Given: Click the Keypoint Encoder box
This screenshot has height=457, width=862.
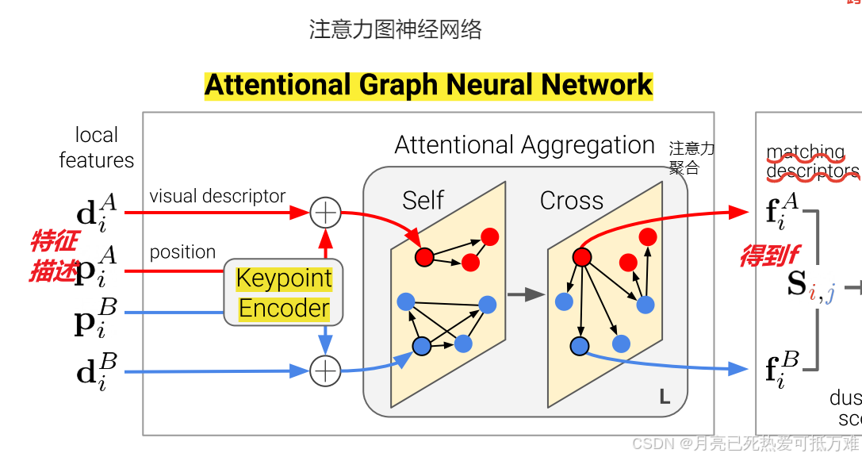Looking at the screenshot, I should [284, 293].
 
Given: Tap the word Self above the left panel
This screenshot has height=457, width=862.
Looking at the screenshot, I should [423, 201].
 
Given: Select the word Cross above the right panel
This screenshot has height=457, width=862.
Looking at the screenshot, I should [571, 201].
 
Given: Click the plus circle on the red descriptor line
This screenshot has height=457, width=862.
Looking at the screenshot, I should [324, 213].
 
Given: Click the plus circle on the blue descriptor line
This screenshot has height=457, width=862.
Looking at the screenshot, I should [324, 371].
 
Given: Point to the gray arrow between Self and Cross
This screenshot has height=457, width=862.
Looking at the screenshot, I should [527, 295].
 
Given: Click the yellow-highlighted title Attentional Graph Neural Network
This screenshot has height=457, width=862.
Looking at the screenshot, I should [428, 85].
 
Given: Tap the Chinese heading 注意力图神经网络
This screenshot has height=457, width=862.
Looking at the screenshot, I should [395, 30].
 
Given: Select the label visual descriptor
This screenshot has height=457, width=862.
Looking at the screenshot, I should [217, 196].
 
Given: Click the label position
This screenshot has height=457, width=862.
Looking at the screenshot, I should [182, 252].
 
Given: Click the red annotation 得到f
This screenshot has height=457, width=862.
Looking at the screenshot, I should [768, 255].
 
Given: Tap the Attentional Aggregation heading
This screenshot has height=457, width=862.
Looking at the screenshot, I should [524, 145].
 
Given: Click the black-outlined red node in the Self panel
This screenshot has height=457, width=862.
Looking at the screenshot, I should [424, 257].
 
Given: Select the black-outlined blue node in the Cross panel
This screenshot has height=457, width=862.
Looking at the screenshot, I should [580, 346].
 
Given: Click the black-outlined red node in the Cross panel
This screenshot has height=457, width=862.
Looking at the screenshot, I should [582, 257].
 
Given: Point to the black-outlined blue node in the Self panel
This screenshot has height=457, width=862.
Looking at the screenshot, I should [422, 346].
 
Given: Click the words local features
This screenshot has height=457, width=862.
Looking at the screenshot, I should [96, 148].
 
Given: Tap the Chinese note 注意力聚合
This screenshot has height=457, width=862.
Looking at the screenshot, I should [692, 158].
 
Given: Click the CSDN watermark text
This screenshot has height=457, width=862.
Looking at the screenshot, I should [745, 443].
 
